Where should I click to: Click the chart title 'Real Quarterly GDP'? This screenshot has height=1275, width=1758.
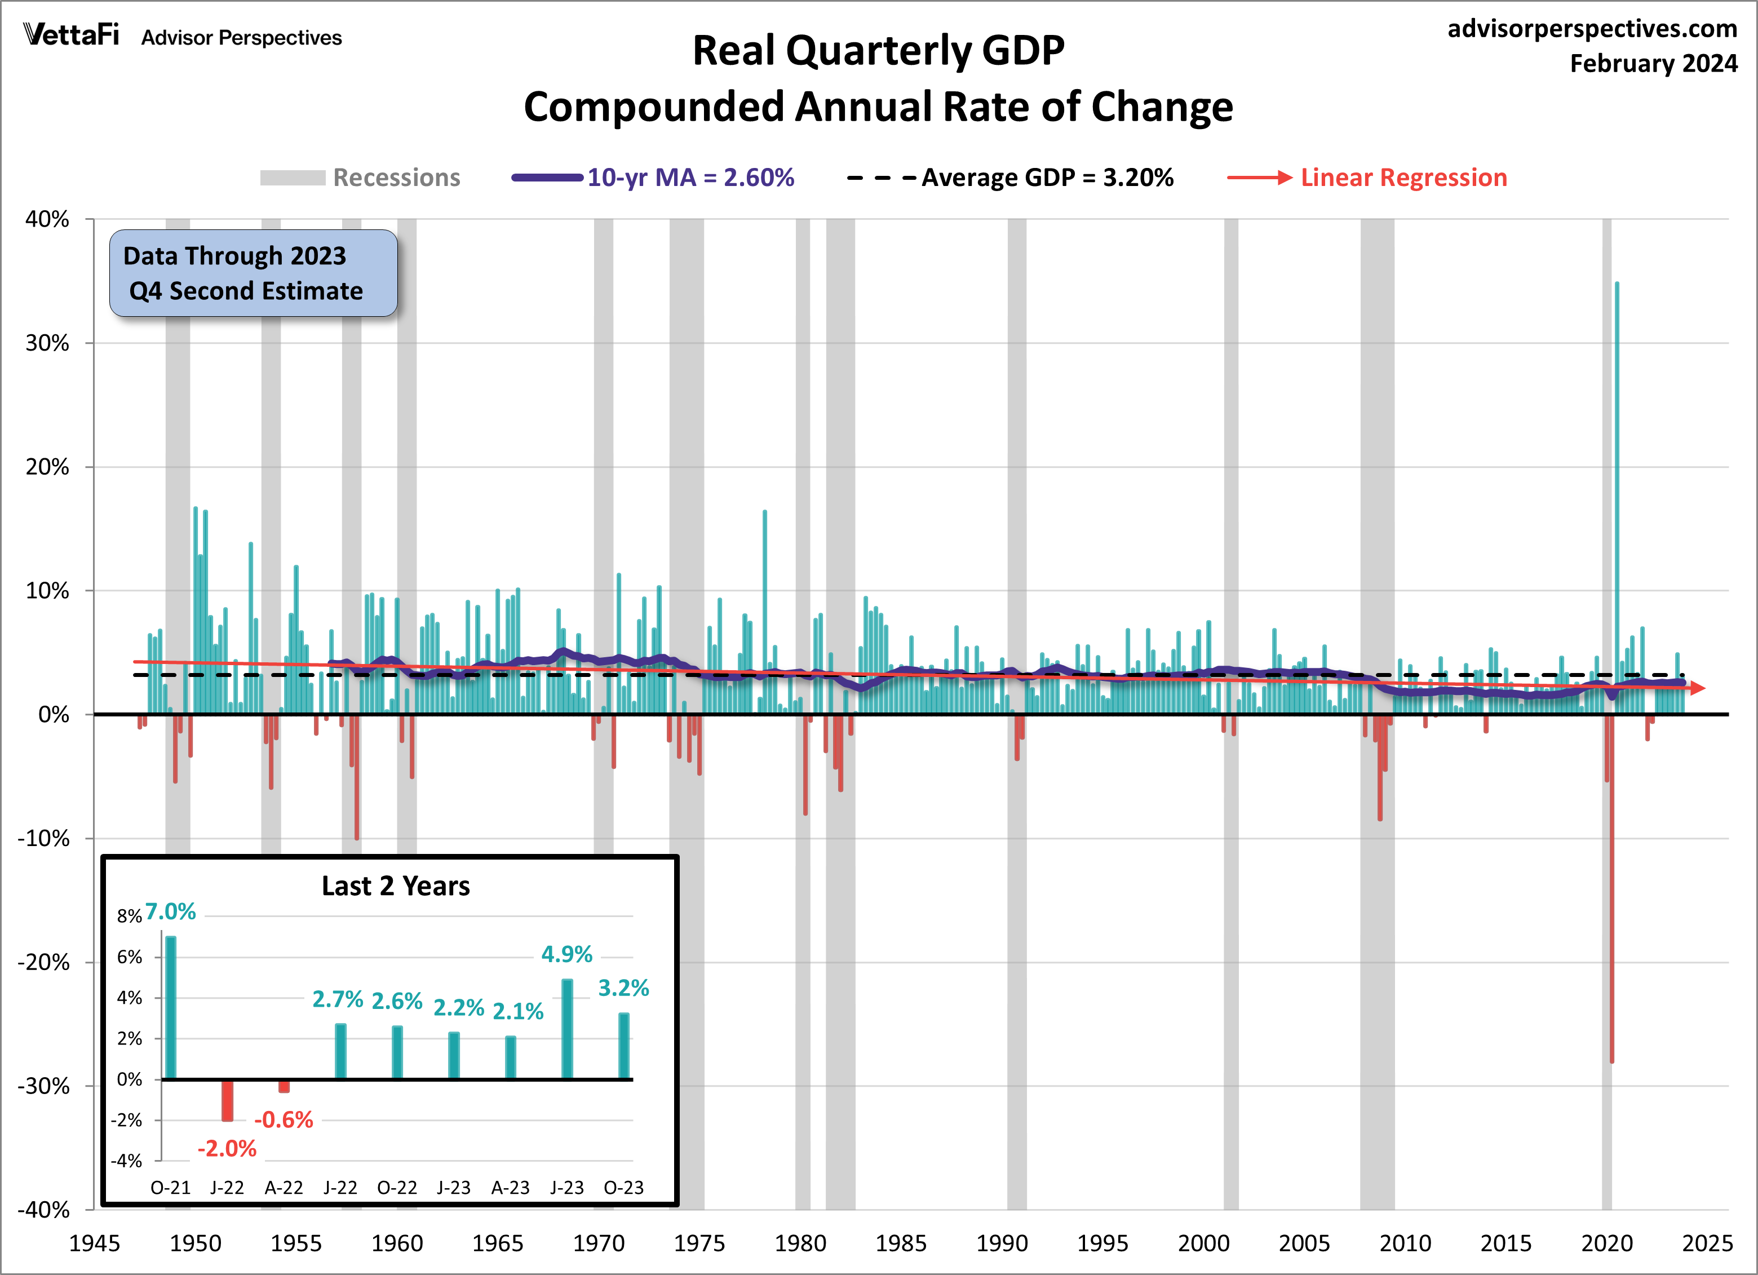click(878, 51)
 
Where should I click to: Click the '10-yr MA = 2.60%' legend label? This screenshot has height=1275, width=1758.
click(690, 178)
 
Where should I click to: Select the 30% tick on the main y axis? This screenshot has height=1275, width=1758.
click(47, 343)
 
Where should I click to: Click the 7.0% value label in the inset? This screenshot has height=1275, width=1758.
click(171, 911)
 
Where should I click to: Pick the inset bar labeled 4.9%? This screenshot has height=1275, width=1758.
click(568, 1029)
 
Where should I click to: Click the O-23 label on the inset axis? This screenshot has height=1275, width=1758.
click(623, 1188)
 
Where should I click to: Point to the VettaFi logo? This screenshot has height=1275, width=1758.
click(72, 35)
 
